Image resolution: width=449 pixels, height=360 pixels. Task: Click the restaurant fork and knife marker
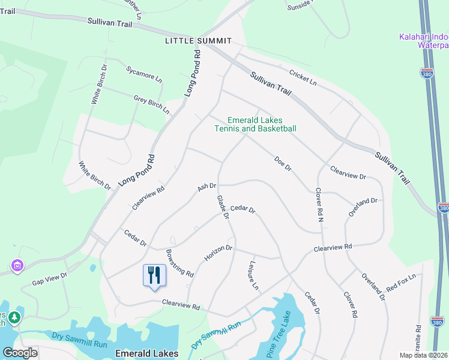coord(154,275)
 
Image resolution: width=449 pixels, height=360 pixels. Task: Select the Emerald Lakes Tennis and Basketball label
coord(255,124)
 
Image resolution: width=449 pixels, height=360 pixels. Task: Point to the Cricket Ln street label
coord(303,77)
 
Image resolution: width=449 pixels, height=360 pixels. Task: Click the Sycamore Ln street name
coord(144,74)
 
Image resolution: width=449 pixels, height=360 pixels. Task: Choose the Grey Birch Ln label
coord(151,103)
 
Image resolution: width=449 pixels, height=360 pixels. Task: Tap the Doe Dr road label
coord(282,164)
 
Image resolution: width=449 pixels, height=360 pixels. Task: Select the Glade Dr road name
coord(223,207)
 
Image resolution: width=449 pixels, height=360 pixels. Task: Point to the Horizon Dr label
coord(218,253)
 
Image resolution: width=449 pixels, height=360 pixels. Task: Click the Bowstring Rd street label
coord(179,263)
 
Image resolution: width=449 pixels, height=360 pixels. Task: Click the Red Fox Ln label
coord(401,282)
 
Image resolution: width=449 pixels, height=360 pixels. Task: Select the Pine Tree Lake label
coord(279,332)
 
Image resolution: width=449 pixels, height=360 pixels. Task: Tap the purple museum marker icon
coord(17,265)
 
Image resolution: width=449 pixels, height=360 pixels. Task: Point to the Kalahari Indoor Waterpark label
coord(424,41)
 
